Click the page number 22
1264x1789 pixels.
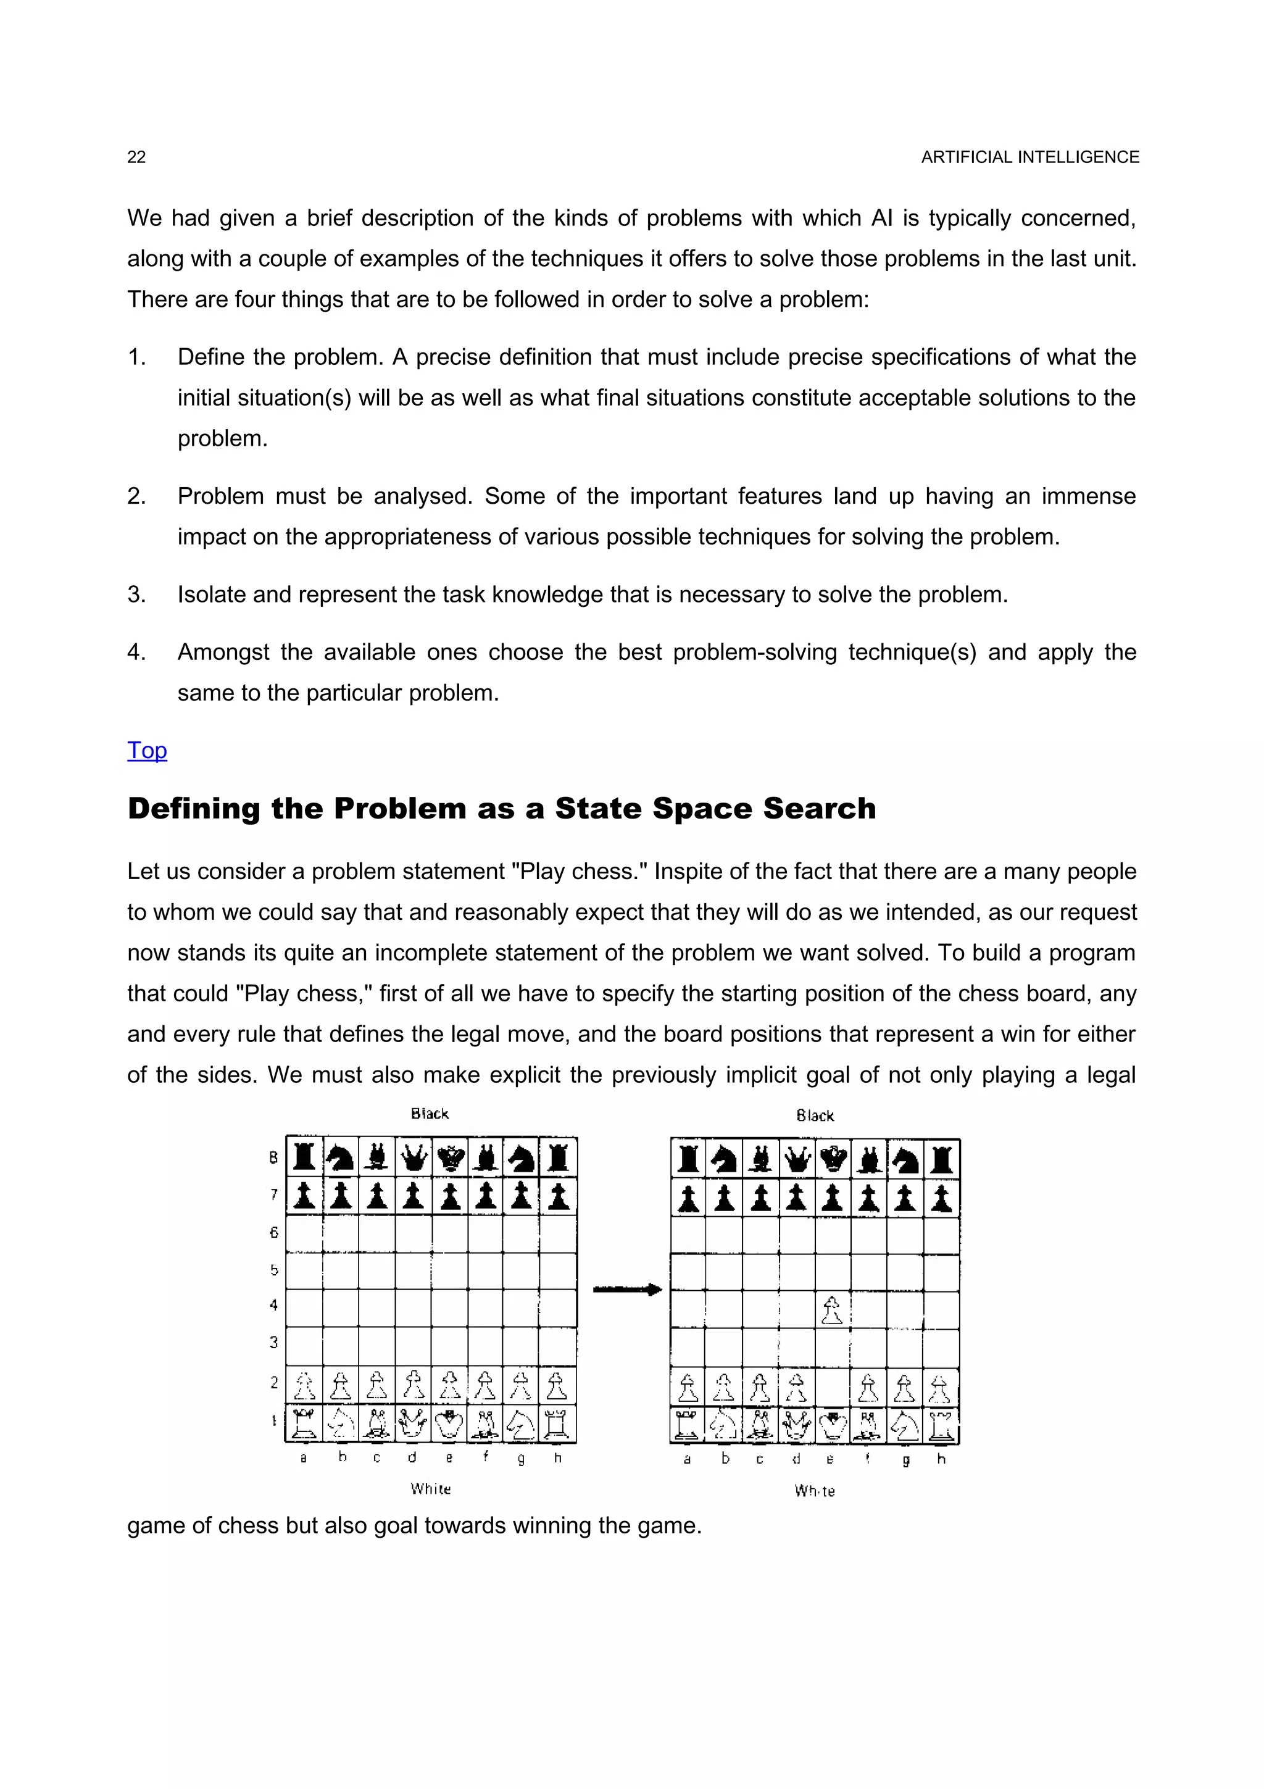136,157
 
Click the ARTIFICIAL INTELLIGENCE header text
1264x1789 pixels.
1029,157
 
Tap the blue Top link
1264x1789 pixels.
147,750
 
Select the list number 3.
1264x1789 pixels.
136,594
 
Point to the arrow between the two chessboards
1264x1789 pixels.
627,1290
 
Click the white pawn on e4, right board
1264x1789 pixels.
832,1310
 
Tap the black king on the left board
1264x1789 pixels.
449,1158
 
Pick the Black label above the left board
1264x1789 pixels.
430,1114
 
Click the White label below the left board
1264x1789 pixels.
431,1489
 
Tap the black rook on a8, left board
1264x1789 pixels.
304,1157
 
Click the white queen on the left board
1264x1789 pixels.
413,1424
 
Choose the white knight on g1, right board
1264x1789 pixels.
904,1426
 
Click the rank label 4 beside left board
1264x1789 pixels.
273,1305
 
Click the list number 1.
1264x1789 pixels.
136,357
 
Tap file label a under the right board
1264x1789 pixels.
687,1459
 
